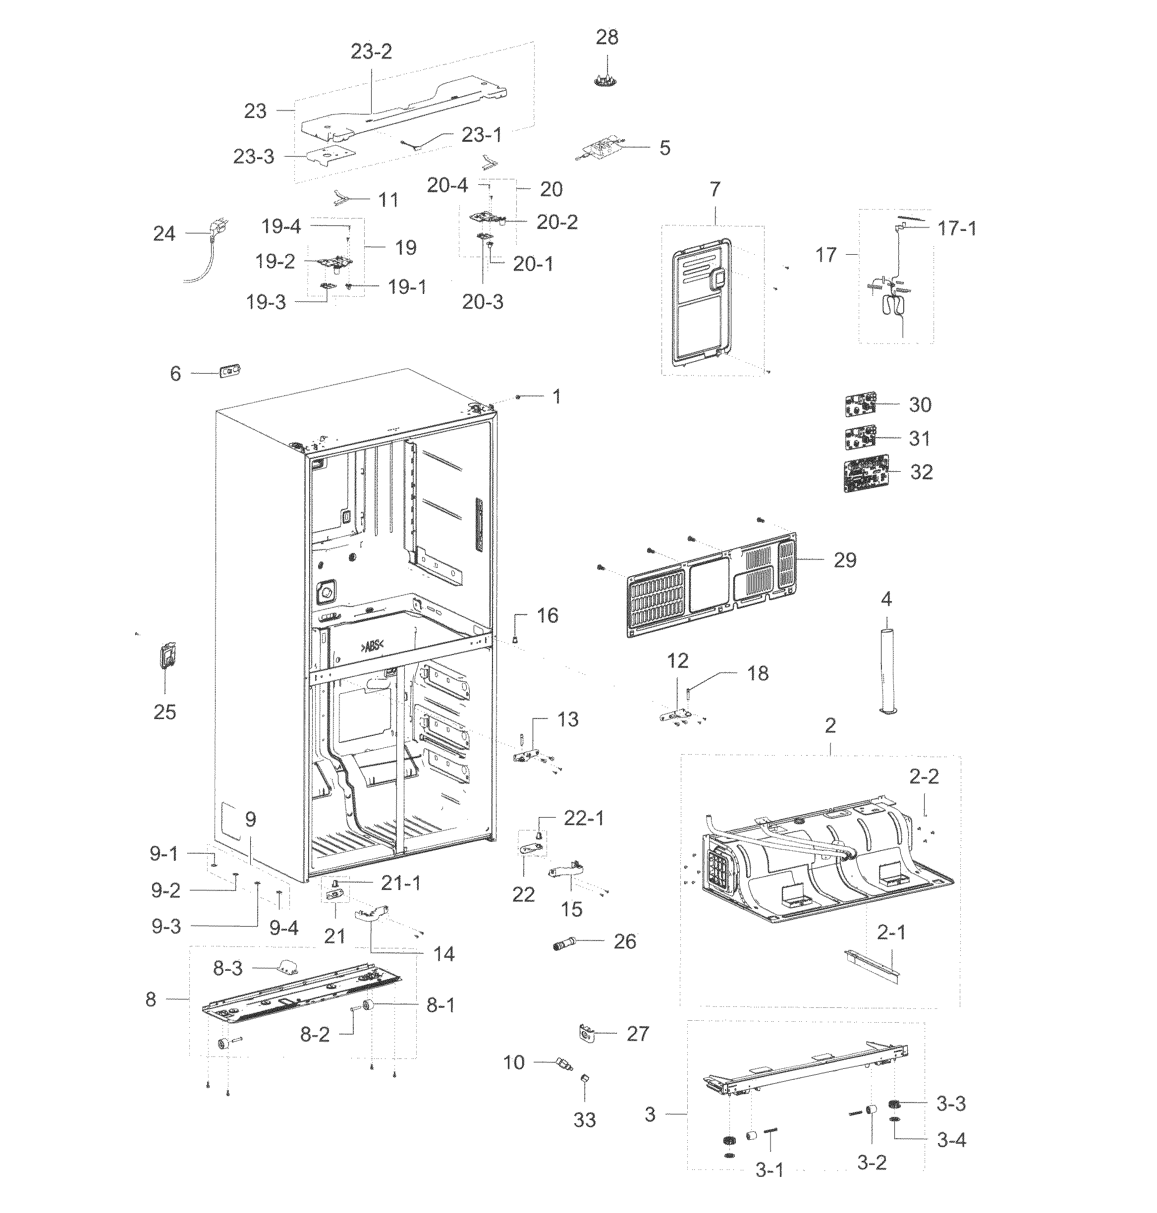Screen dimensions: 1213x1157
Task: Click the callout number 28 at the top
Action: pos(606,38)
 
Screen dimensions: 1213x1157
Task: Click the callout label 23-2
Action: pos(371,51)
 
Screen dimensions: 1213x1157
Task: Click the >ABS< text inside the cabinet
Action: pos(372,646)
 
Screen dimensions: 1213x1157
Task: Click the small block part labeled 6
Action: pos(229,371)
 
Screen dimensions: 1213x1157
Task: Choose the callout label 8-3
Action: pos(227,968)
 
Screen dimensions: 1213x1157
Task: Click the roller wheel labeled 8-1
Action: pos(369,1006)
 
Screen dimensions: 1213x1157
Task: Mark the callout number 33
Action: pos(584,1119)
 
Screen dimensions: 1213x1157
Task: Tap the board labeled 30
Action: pos(860,405)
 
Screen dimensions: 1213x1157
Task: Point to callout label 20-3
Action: pos(482,302)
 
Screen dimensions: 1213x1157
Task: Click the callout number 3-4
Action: pos(951,1140)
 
